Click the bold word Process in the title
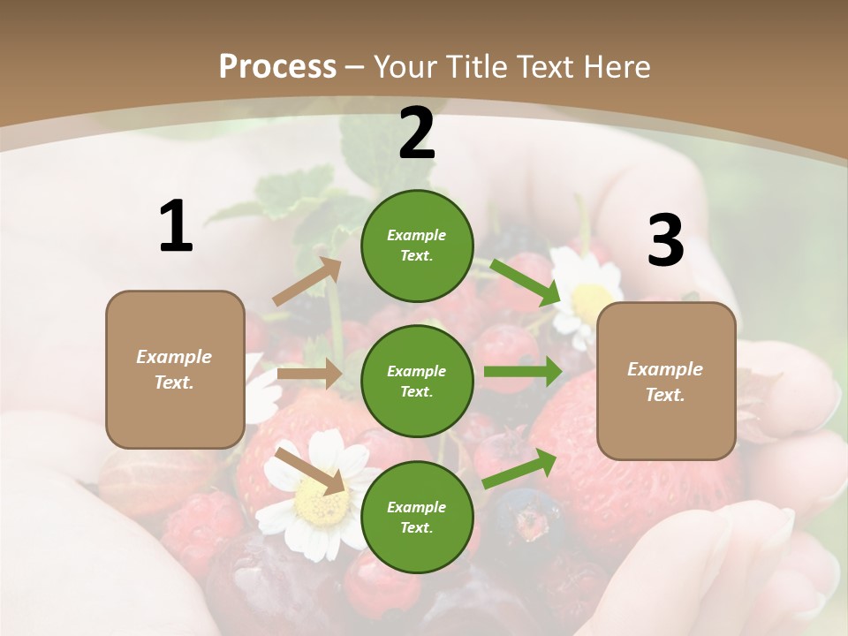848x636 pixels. [277, 66]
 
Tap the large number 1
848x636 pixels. [176, 227]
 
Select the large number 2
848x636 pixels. [417, 134]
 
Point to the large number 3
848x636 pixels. [665, 241]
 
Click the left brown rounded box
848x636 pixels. [175, 369]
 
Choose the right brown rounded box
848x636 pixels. [666, 381]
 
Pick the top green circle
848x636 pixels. [417, 246]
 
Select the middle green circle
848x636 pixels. [417, 381]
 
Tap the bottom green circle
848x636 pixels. [417, 517]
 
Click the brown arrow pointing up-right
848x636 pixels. [307, 281]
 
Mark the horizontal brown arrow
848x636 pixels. [309, 374]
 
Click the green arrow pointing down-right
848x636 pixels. [525, 282]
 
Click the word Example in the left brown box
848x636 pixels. [174, 357]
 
